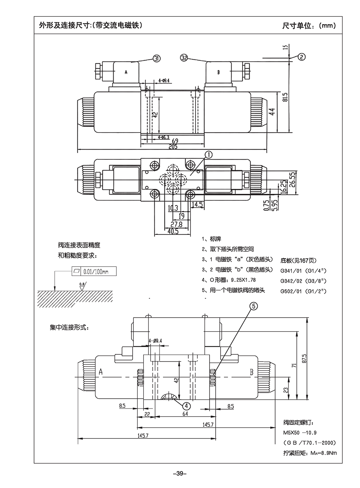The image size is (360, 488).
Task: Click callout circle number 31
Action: (157, 58)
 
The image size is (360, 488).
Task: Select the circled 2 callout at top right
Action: (301, 57)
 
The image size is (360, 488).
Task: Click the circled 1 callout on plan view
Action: (209, 154)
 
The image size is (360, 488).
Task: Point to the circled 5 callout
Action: (254, 306)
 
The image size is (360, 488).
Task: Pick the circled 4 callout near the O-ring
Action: (186, 405)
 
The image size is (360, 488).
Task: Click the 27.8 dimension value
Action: (176, 224)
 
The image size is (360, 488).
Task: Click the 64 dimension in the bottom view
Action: (185, 414)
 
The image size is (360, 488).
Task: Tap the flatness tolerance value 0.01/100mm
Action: (95, 271)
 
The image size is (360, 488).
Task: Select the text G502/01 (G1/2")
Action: (303, 291)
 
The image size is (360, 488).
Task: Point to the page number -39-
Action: (180, 473)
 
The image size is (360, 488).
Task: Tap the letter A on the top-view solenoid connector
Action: (126, 72)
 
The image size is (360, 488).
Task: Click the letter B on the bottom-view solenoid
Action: (251, 372)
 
